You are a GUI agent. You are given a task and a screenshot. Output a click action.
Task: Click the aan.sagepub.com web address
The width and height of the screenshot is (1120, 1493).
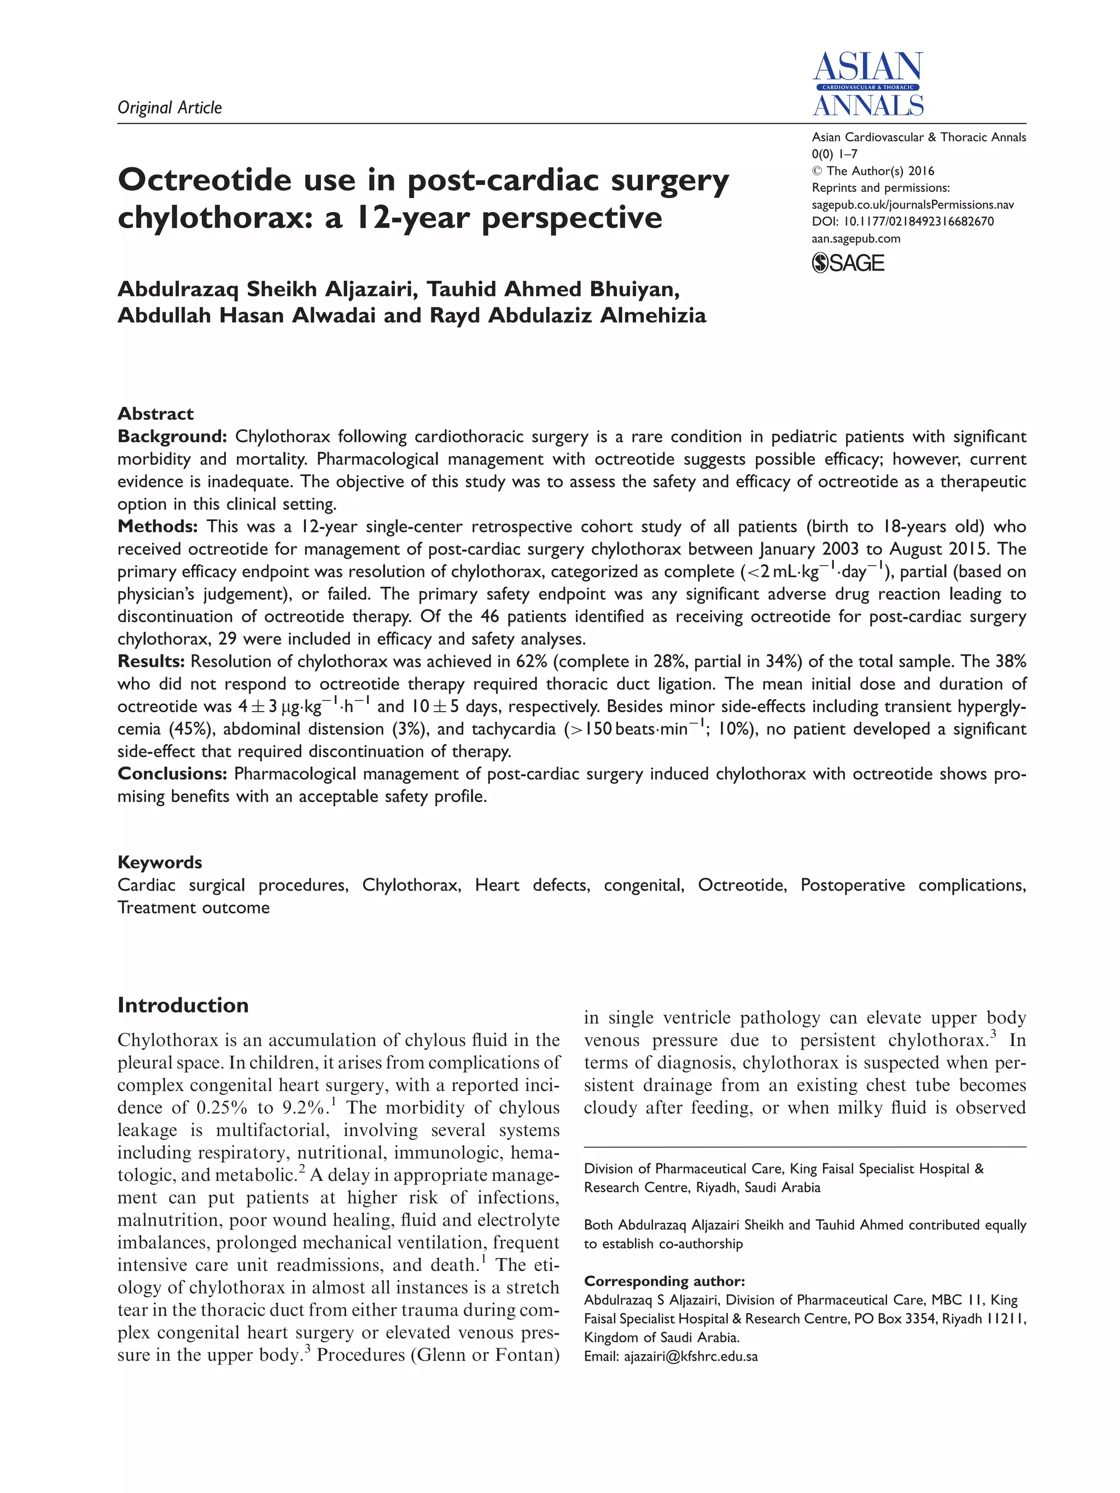pyautogui.click(x=855, y=238)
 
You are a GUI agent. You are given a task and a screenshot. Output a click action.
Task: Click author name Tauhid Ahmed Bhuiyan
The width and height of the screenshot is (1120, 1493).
pyautogui.click(x=553, y=289)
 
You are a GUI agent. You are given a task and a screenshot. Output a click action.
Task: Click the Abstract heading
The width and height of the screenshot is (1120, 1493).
pyautogui.click(x=155, y=413)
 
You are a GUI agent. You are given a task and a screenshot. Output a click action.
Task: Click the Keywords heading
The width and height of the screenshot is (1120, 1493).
pyautogui.click(x=159, y=862)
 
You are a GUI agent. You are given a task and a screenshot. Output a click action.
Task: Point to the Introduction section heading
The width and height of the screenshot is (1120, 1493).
pyautogui.click(x=182, y=1005)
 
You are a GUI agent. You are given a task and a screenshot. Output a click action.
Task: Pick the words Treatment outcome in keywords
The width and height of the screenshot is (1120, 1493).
pyautogui.click(x=193, y=907)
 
